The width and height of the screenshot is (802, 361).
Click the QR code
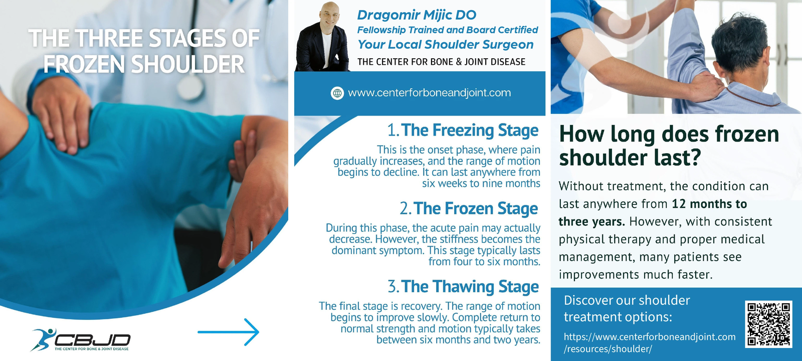click(x=768, y=324)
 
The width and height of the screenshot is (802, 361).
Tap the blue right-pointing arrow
click(x=229, y=332)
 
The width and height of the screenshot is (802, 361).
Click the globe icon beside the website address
click(x=337, y=93)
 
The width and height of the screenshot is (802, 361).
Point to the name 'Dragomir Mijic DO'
click(x=417, y=15)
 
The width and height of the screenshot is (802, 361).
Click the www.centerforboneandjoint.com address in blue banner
click(x=429, y=93)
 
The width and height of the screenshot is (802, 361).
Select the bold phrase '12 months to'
click(x=709, y=204)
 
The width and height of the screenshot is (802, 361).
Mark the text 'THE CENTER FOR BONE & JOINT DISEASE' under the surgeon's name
click(x=441, y=62)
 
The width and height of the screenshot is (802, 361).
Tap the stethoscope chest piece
click(x=190, y=87)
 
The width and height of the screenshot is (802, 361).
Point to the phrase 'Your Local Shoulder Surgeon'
click(x=446, y=45)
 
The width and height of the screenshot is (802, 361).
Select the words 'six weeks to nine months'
click(x=481, y=184)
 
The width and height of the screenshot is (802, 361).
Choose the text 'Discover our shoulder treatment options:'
click(x=627, y=308)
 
